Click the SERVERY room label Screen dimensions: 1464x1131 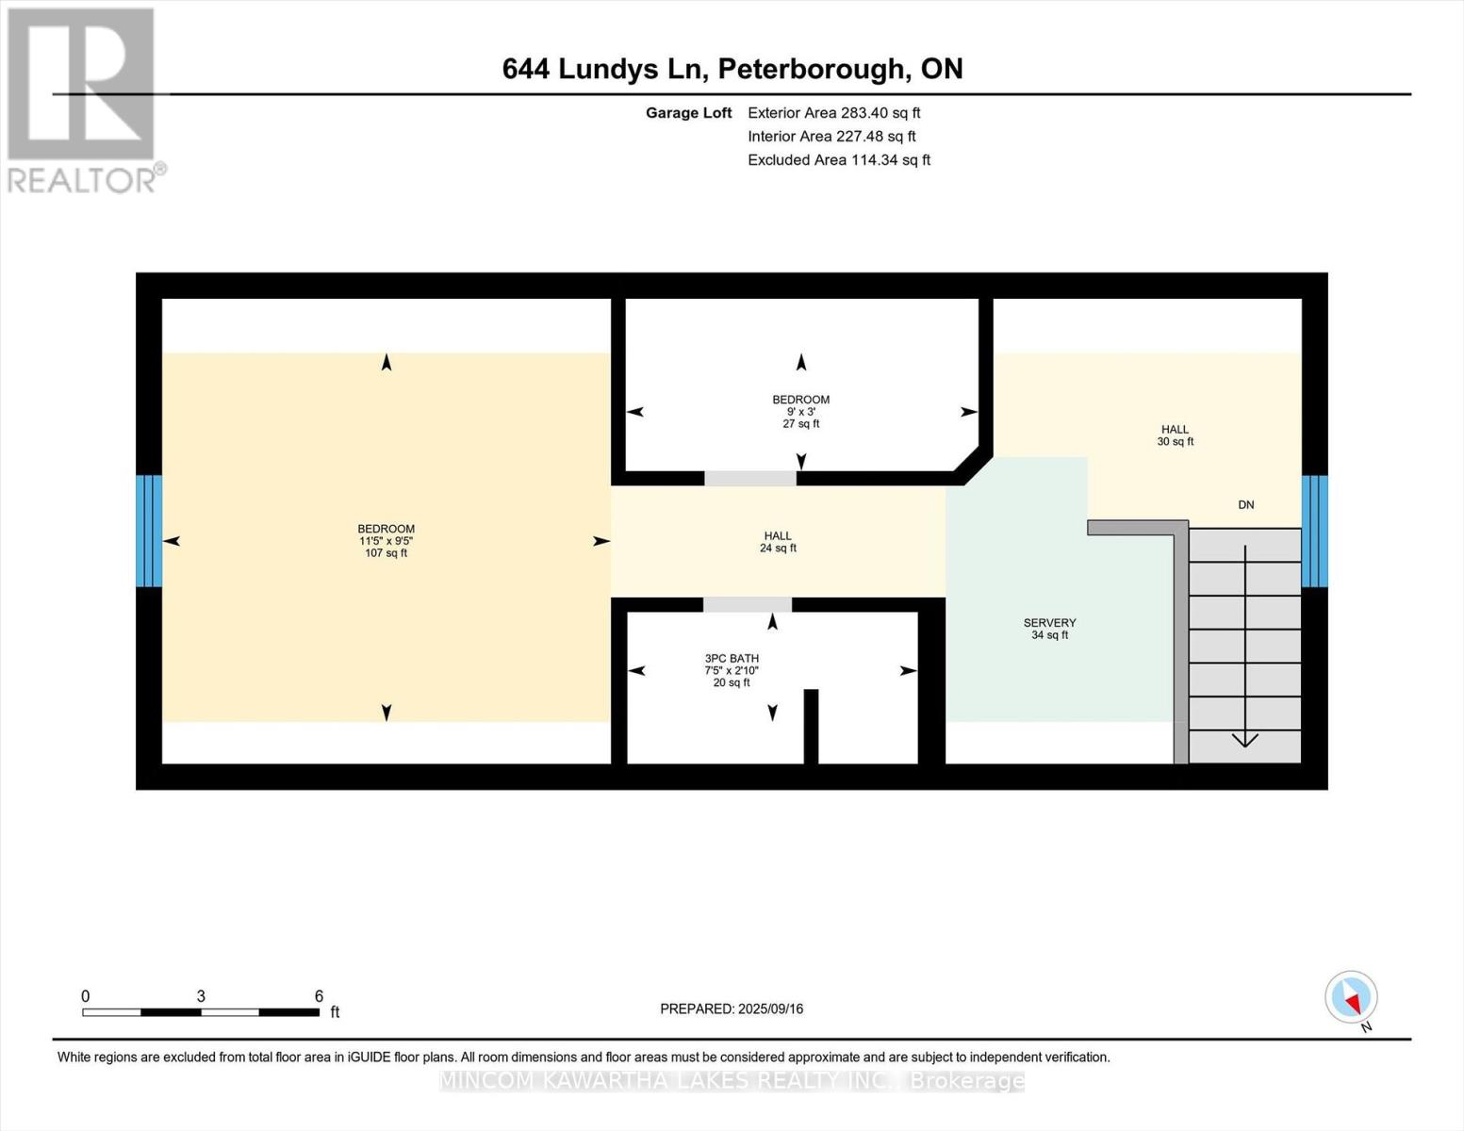pyautogui.click(x=1049, y=622)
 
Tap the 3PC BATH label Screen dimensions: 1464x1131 pyautogui.click(x=732, y=658)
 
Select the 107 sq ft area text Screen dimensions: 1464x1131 pyautogui.click(x=387, y=553)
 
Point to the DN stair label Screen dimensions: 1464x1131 pyautogui.click(x=1245, y=504)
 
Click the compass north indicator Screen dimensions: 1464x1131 pyautogui.click(x=1351, y=998)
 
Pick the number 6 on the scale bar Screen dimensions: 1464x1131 pyautogui.click(x=319, y=995)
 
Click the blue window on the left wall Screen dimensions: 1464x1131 pyautogui.click(x=149, y=531)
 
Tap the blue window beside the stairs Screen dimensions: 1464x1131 pyautogui.click(x=1314, y=531)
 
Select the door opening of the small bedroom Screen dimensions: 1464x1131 pyautogui.click(x=749, y=478)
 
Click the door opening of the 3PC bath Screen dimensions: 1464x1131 pyautogui.click(x=748, y=604)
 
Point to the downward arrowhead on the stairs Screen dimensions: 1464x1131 pyautogui.click(x=1244, y=740)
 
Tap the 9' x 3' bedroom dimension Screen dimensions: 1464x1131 pyautogui.click(x=801, y=412)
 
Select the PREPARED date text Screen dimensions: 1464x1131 pyautogui.click(x=732, y=1008)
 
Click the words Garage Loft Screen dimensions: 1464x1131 pyautogui.click(x=688, y=113)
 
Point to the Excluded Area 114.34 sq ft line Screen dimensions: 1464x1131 pyautogui.click(x=839, y=160)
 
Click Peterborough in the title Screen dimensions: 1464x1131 pyautogui.click(x=811, y=70)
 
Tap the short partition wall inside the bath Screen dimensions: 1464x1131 pyautogui.click(x=811, y=726)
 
